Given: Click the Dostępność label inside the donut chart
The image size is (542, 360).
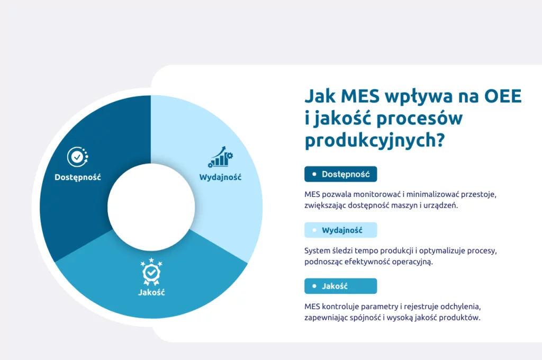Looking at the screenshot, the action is click(78, 177).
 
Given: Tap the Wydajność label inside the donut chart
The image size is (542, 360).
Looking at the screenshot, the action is click(220, 177).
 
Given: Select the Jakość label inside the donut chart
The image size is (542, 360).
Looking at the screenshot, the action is click(151, 292).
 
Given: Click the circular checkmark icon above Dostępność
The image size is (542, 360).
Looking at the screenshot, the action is click(77, 157).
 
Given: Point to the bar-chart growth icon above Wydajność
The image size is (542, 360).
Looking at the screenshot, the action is click(221, 157).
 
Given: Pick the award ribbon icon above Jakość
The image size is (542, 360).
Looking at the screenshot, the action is click(151, 272).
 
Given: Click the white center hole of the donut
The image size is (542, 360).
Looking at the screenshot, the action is click(151, 207).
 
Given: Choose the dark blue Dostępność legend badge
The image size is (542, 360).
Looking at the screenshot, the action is click(340, 174).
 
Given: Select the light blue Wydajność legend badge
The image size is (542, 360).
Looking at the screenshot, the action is click(340, 230).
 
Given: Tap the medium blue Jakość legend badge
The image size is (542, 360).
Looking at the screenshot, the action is click(340, 286).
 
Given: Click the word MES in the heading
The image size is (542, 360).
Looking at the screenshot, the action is click(360, 96).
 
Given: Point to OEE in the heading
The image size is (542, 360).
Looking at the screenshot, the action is click(503, 96).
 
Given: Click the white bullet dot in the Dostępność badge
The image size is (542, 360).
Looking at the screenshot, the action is click(314, 174).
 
